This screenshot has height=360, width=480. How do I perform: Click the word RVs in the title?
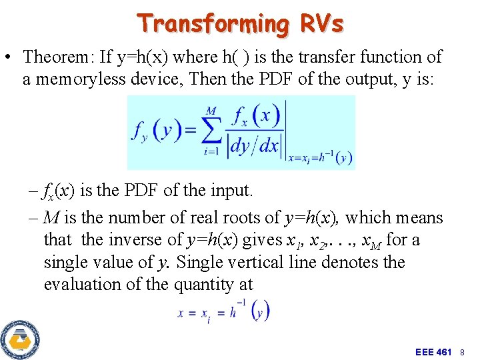[x=321, y=23]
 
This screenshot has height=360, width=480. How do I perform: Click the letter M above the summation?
[x=211, y=110]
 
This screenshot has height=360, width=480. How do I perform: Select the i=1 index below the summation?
[x=211, y=152]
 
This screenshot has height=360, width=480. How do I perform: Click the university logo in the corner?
[x=20, y=339]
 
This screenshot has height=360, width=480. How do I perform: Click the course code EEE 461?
[x=433, y=351]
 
